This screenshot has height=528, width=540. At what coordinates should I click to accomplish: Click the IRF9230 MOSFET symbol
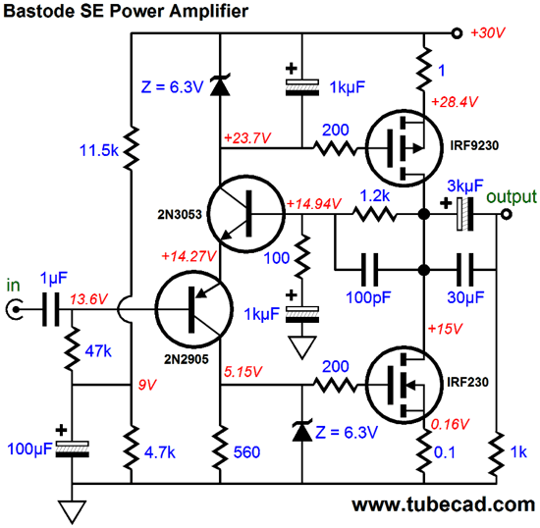pyautogui.click(x=404, y=148)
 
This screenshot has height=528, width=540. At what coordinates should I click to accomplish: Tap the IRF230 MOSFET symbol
pyautogui.click(x=404, y=385)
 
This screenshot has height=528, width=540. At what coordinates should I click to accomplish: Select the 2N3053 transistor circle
pyautogui.click(x=246, y=214)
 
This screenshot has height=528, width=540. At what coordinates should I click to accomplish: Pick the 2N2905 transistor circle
pyautogui.click(x=193, y=309)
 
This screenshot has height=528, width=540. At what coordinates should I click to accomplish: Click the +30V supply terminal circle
pyautogui.click(x=457, y=33)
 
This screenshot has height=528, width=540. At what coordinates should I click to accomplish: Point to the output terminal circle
pyautogui.click(x=506, y=214)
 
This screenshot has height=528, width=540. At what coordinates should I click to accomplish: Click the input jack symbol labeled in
pyautogui.click(x=15, y=309)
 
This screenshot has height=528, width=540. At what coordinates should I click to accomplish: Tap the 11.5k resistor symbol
pyautogui.click(x=131, y=148)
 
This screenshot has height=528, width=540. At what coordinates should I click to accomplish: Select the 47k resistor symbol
pyautogui.click(x=72, y=348)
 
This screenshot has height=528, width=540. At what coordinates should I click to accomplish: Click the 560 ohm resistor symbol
pyautogui.click(x=220, y=448)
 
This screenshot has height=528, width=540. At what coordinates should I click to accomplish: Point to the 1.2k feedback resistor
pyautogui.click(x=375, y=214)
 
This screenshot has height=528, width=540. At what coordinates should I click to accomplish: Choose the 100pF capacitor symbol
pyautogui.click(x=369, y=270)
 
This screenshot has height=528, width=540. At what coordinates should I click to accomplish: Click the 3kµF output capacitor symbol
pyautogui.click(x=465, y=214)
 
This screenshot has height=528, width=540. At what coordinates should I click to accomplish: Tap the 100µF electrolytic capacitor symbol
pyautogui.click(x=72, y=449)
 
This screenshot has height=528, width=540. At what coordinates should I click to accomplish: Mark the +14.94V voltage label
pyautogui.click(x=314, y=204)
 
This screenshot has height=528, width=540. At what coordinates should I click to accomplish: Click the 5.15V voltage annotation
pyautogui.click(x=243, y=372)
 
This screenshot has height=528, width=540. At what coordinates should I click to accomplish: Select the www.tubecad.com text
pyautogui.click(x=444, y=504)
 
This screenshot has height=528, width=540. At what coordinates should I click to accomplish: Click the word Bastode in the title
pyautogui.click(x=38, y=11)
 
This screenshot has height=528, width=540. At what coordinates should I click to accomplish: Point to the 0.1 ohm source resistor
pyautogui.click(x=424, y=451)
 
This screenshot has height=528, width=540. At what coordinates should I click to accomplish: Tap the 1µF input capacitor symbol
pyautogui.click(x=51, y=309)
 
